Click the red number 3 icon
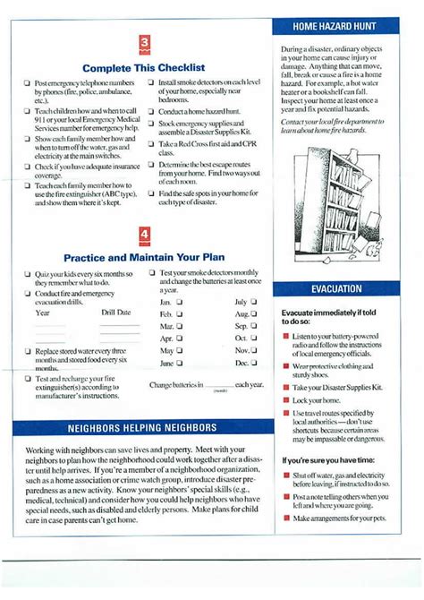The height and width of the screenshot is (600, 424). [x=144, y=45]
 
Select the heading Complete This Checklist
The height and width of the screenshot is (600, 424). [x=144, y=67]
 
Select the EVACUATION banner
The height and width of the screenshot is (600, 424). [x=336, y=289]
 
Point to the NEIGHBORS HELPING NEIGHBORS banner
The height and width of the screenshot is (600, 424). [x=142, y=428]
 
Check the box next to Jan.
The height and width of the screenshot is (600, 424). [x=179, y=303]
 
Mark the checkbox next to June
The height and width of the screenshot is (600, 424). [x=179, y=363]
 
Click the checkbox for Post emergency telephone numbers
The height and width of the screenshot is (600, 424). [x=28, y=83]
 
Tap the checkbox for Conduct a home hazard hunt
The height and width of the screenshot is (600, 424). [x=152, y=112]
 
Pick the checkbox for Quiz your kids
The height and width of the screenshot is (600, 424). [x=28, y=273]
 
